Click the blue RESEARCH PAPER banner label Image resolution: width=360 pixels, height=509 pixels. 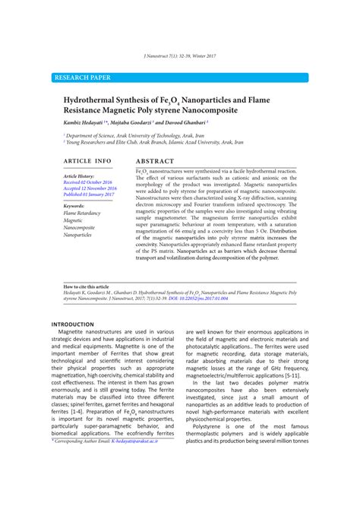82,77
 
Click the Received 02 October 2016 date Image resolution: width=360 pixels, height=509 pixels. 88,182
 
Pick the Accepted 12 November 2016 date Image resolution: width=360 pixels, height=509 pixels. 90,188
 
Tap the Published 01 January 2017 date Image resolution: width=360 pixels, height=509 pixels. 89,194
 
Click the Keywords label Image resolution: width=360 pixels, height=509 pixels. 74,206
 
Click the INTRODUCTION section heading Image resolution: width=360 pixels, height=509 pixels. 72,324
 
